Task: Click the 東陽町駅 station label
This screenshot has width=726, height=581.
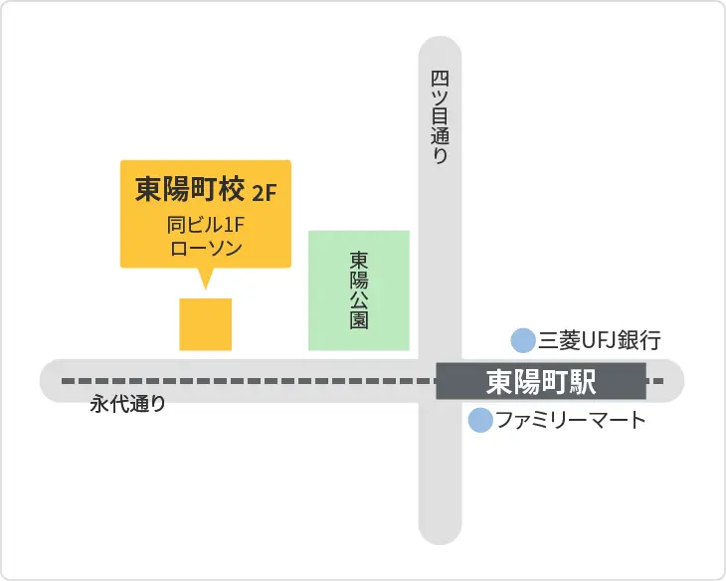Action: pos(541,381)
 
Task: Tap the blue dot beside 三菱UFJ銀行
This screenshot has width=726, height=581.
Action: pos(522,341)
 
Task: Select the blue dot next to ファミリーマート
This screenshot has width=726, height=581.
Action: pos(480,421)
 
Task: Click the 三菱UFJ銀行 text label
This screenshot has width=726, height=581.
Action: pos(600,341)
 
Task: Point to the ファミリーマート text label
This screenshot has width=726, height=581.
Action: pos(571,420)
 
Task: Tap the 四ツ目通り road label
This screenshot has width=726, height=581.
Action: pos(440,117)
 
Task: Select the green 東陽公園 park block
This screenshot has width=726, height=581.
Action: pos(359,290)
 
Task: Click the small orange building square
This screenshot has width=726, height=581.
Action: pos(206,324)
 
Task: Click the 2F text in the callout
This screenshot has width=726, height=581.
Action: pos(266,191)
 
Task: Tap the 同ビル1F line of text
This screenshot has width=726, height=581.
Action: pos(206,225)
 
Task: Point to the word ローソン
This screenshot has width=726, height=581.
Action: pos(206,249)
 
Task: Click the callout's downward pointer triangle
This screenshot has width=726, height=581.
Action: pos(206,279)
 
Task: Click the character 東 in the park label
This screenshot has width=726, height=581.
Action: pos(359,259)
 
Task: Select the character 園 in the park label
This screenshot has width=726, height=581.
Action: pos(359,320)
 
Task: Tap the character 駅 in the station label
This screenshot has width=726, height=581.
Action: pos(608,381)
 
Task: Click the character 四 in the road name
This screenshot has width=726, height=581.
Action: pos(440,78)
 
